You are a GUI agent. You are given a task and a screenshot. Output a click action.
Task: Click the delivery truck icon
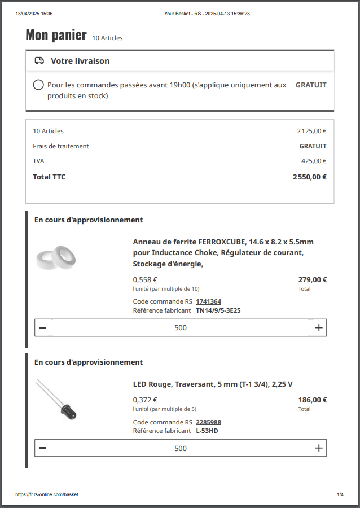39,61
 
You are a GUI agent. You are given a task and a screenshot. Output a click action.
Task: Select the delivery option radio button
38,85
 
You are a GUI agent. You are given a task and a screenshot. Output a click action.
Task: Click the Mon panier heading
56,36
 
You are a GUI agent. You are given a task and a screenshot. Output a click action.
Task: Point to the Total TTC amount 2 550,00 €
309,177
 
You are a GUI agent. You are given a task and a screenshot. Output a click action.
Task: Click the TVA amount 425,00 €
314,161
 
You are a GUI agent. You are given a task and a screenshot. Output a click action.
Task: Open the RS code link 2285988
208,422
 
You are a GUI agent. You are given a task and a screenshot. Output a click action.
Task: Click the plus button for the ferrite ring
319,328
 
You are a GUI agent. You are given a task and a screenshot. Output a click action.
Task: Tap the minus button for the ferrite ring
43,328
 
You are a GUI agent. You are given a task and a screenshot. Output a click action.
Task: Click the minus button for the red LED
43,448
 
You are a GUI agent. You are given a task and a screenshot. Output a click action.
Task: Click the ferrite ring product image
56,259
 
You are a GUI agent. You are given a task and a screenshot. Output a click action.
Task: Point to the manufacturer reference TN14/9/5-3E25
218,310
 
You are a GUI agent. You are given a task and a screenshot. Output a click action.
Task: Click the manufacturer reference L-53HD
207,431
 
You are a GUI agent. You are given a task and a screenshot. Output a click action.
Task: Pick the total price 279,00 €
313,279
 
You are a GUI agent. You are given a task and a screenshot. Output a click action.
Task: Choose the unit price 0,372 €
145,400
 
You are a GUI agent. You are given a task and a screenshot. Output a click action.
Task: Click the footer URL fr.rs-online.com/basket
47,494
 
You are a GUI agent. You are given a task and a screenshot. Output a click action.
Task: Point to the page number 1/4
340,494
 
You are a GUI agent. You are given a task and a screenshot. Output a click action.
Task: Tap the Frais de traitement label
60,146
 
